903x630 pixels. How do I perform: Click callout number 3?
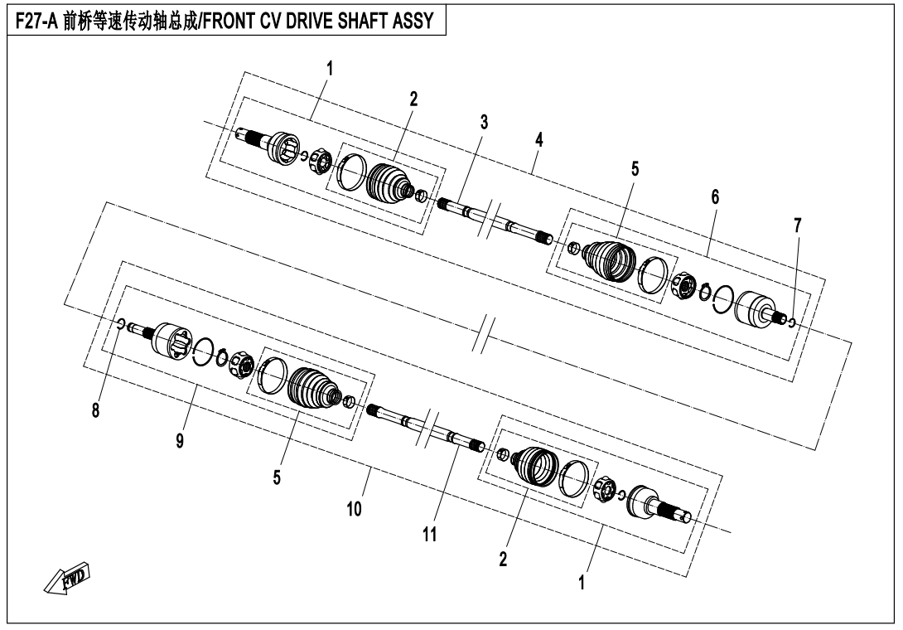(x=484, y=122)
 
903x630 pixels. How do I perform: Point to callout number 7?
(x=797, y=225)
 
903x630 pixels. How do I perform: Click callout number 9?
(x=179, y=440)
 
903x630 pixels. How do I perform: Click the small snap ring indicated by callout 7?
(x=792, y=322)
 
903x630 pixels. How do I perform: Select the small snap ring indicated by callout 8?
(x=121, y=323)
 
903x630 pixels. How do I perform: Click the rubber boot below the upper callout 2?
(x=389, y=182)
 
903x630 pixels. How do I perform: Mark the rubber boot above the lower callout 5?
(x=314, y=386)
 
